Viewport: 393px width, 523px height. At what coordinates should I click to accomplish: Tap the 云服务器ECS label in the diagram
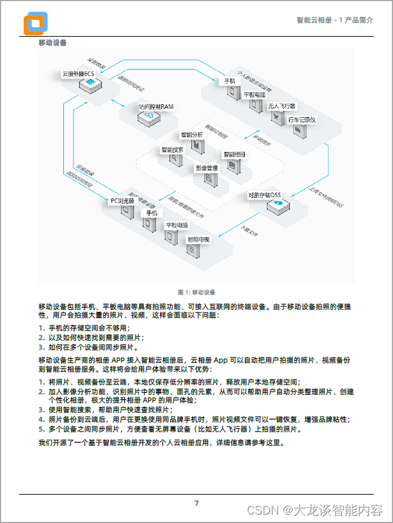point(78,74)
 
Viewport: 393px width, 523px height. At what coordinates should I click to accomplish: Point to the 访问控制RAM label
point(156,106)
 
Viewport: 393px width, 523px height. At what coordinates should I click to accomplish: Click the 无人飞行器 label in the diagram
point(282,106)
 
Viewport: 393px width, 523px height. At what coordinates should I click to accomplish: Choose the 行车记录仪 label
point(302,119)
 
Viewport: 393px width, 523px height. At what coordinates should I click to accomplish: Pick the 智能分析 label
point(192,135)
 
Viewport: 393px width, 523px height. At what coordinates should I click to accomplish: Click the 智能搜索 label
point(172,149)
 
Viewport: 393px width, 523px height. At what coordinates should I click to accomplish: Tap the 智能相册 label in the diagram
point(234,155)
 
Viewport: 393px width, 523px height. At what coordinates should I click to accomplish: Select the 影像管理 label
point(207,168)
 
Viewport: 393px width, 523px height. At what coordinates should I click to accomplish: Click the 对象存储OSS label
point(265,195)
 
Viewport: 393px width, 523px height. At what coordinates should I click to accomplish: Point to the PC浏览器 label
point(122,201)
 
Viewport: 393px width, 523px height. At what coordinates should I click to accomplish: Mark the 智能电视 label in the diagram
point(198,239)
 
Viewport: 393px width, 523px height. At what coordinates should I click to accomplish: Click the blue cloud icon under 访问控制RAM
point(149,117)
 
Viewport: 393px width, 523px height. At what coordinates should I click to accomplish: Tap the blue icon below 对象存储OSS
point(278,204)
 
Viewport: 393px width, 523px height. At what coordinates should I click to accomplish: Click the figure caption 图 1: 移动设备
point(196,292)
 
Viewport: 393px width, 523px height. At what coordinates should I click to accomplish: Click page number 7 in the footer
point(196,502)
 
